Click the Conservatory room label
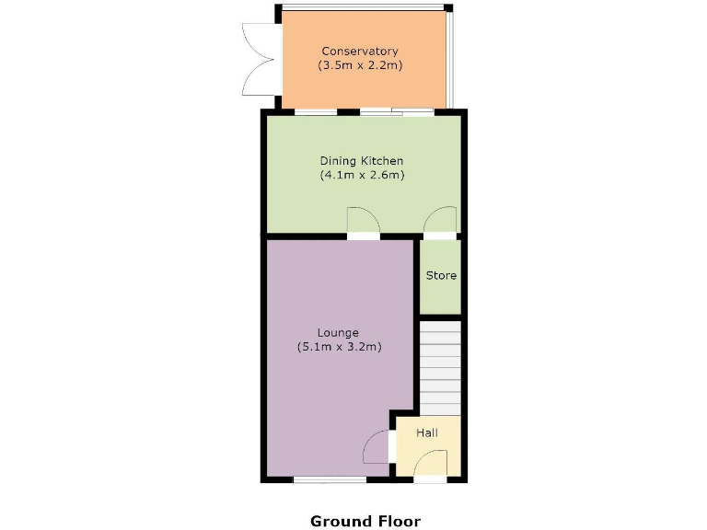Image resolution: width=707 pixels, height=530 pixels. (x=360, y=51)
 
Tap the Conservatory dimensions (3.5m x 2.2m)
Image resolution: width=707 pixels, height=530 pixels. (x=360, y=66)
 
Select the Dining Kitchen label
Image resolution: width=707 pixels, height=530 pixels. (x=362, y=161)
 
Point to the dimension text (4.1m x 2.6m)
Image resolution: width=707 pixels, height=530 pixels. (x=362, y=175)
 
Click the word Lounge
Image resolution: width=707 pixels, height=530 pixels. (x=338, y=332)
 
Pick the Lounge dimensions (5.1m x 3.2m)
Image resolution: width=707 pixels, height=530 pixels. (x=339, y=347)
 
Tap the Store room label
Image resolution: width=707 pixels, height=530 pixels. (x=441, y=275)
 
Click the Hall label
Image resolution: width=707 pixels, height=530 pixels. (x=427, y=432)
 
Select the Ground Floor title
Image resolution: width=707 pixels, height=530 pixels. (x=365, y=521)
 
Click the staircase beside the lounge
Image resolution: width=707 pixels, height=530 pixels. (x=440, y=367)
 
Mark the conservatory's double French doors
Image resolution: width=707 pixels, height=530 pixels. (x=257, y=60)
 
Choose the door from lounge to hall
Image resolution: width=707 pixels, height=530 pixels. (x=378, y=448)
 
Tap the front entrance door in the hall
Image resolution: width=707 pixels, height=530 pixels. (x=431, y=465)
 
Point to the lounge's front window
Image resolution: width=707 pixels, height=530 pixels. (x=330, y=479)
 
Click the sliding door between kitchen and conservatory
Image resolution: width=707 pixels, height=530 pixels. (x=396, y=112)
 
